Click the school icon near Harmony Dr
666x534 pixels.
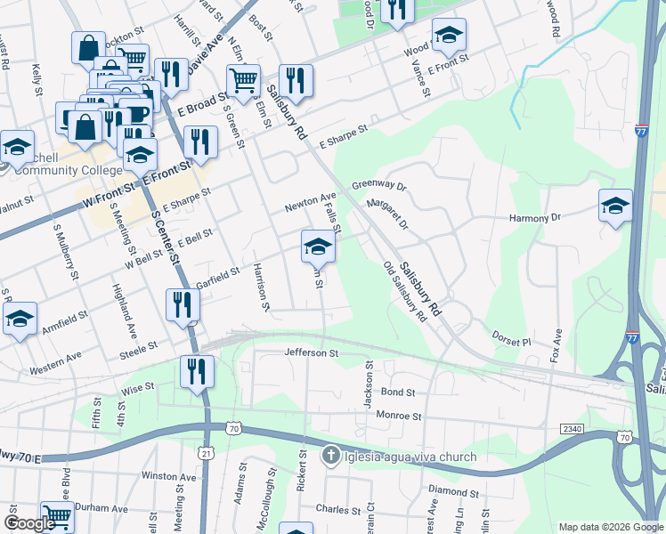click(615, 206)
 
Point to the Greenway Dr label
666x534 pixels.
click(378, 186)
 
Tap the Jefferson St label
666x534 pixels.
click(312, 353)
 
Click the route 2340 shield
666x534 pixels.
click(572, 429)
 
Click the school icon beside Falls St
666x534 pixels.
click(318, 247)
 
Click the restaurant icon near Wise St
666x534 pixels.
click(197, 371)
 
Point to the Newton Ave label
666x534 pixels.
click(310, 202)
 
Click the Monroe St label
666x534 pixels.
click(397, 416)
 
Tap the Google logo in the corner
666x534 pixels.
click(30, 523)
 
